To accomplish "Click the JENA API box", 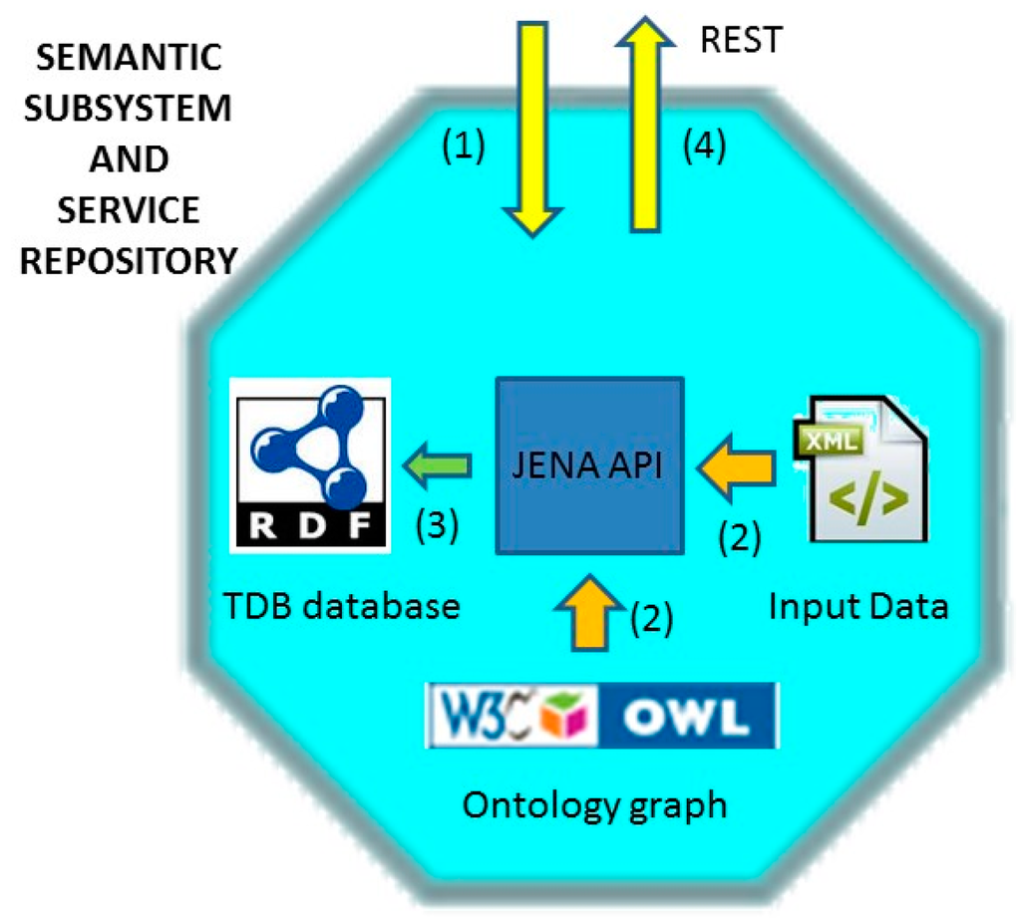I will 589,464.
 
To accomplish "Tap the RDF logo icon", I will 308,464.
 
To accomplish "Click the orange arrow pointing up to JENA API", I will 589,613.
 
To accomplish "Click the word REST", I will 742,39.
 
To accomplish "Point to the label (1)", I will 462,148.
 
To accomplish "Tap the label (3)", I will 436,525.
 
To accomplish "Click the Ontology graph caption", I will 594,803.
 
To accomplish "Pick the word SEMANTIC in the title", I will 127,58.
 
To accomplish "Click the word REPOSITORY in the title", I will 128,261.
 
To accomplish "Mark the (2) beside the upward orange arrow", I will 652,622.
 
